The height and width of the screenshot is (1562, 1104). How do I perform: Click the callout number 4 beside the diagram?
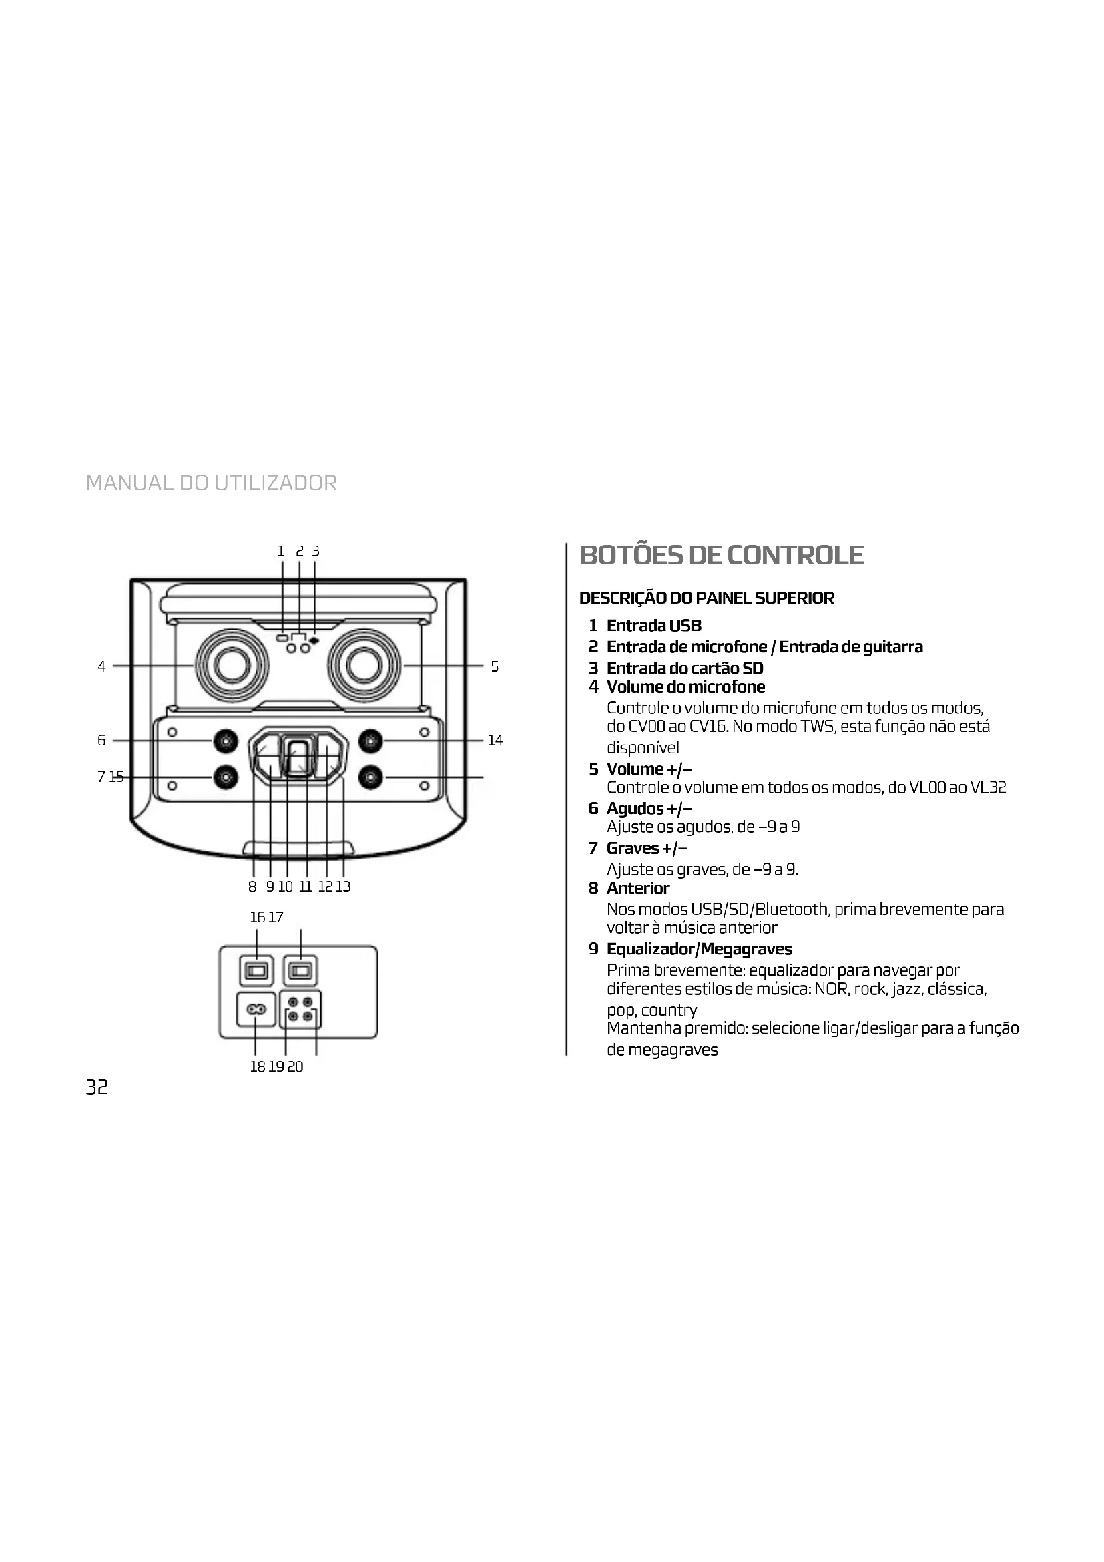tap(101, 666)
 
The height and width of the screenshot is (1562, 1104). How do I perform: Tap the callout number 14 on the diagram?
tap(495, 740)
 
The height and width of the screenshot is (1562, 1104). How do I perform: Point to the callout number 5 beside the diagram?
tap(494, 666)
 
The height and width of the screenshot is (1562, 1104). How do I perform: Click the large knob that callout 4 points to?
tap(231, 665)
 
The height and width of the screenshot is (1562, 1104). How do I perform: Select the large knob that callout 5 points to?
tap(364, 665)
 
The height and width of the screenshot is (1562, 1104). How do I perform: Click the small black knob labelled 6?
tap(226, 740)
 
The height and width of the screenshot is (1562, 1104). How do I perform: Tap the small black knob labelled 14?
tap(370, 740)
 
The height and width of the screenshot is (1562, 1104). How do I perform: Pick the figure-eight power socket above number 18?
tap(256, 1010)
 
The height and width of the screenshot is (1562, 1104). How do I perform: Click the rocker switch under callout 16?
tap(256, 971)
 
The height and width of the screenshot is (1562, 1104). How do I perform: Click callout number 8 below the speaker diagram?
tap(252, 886)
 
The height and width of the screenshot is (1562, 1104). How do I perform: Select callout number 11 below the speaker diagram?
tap(305, 886)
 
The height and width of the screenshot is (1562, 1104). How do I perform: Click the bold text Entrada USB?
tap(654, 626)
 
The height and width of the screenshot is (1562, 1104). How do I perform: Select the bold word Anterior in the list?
tap(637, 888)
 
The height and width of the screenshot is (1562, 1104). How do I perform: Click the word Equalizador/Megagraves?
tap(700, 949)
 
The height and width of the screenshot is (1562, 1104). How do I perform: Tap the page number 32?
tap(97, 1087)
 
